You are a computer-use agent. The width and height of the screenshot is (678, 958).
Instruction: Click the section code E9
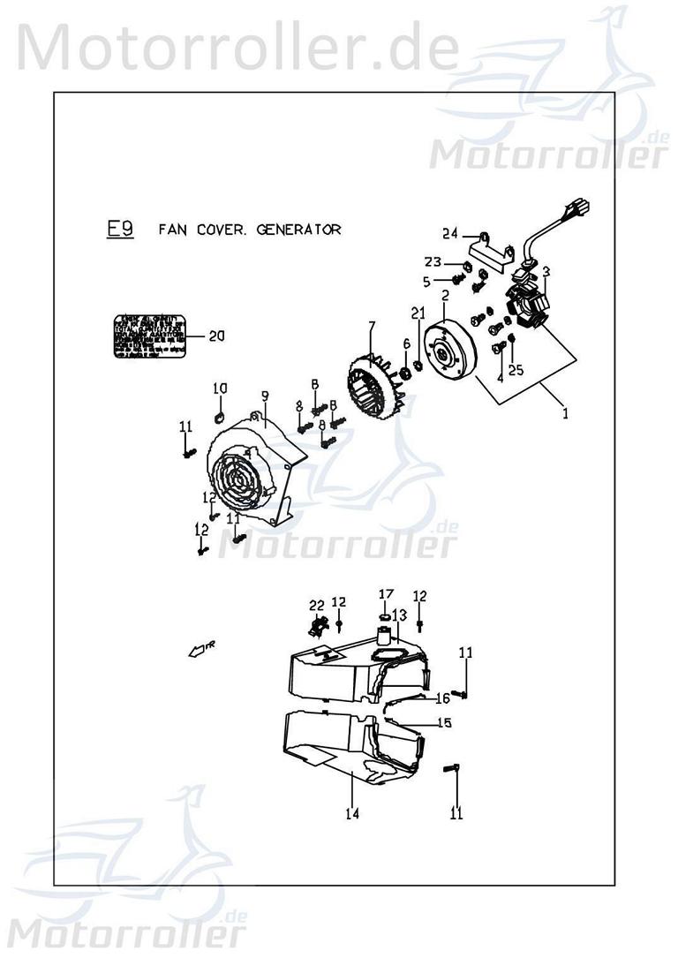click(120, 230)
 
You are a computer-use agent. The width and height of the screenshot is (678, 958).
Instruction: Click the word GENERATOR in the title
click(298, 230)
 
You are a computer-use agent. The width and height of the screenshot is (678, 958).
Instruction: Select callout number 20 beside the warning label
click(217, 336)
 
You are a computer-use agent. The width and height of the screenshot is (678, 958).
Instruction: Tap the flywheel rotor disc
click(448, 351)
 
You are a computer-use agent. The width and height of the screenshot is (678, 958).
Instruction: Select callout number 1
click(566, 412)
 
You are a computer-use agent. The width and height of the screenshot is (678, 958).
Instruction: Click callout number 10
click(221, 388)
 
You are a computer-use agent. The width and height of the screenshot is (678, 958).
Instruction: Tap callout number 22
click(317, 605)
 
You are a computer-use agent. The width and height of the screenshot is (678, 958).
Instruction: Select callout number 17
click(386, 592)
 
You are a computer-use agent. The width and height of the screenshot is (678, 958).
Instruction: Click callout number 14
click(352, 813)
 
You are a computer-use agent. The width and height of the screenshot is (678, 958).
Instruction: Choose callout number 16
click(442, 698)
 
